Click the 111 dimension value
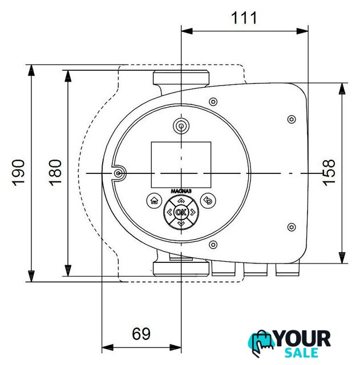244,18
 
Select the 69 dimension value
141,334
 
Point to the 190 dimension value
18,172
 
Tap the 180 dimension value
55,172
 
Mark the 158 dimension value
329,172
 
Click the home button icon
155,201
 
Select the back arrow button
208,201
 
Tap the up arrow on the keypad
181,201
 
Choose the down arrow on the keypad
181,224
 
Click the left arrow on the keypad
169,212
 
